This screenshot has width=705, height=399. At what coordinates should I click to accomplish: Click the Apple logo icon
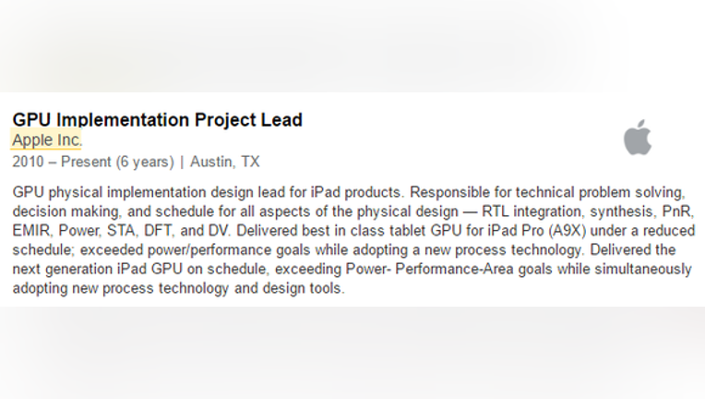[x=638, y=138]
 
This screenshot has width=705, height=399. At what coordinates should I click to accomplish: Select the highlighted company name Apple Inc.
[x=47, y=139]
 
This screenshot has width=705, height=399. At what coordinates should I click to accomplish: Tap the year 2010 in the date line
[x=28, y=162]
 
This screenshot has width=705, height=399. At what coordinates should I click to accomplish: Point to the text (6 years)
[x=145, y=162]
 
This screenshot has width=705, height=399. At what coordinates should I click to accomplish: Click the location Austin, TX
[x=225, y=162]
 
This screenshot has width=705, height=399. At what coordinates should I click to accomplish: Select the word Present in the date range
[x=86, y=162]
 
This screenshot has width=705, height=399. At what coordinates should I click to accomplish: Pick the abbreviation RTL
[x=495, y=212]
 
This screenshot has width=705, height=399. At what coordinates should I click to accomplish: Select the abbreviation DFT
[x=158, y=231]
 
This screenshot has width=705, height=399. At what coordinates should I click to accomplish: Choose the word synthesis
[x=624, y=212]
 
